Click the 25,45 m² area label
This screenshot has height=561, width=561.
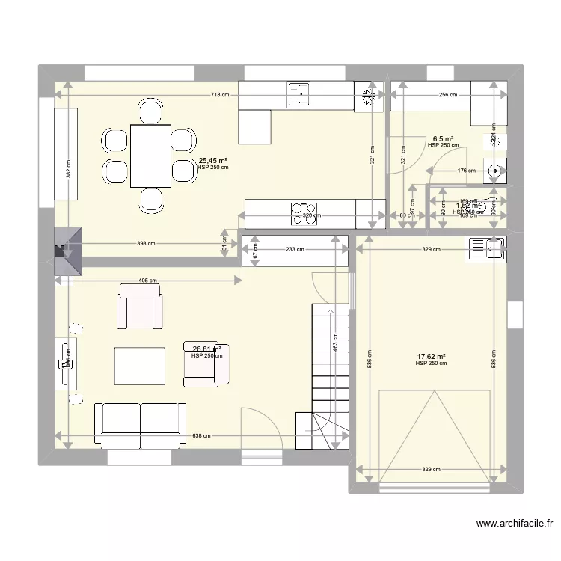213,160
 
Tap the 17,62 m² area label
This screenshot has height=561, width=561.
431,357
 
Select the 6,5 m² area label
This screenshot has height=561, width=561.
443,139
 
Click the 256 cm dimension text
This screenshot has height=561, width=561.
448,96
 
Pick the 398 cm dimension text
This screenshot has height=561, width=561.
147,243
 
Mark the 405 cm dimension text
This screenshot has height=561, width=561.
147,280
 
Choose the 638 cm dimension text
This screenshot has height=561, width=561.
200,435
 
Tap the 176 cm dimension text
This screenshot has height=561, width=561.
466,171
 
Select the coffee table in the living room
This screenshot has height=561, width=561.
139,365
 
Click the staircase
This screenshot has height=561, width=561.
330,374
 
